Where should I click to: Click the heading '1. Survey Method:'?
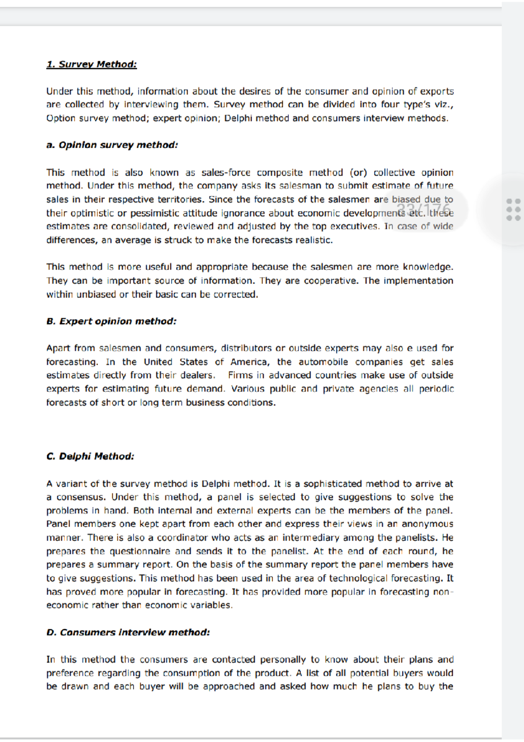[91, 64]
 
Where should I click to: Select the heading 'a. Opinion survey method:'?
[112, 145]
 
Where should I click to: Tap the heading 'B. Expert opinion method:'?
[111, 321]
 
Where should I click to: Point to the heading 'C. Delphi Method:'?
[90, 456]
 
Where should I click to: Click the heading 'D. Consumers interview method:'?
[128, 632]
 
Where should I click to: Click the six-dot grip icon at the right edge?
[513, 210]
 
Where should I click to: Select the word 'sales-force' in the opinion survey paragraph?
[226, 173]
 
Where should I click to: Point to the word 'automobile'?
[323, 362]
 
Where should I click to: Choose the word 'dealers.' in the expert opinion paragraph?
[198, 375]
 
